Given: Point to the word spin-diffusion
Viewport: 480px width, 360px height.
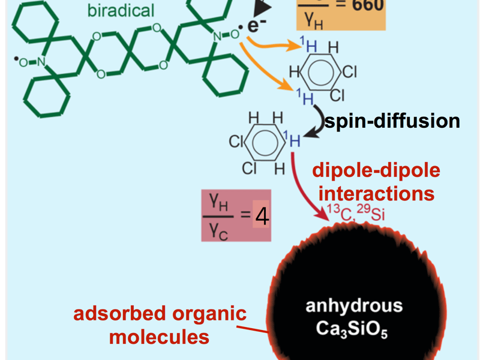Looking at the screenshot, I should [x=392, y=121].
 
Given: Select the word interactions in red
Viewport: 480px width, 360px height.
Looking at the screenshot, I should [x=376, y=194].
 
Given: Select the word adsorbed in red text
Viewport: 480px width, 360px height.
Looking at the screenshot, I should [x=118, y=314].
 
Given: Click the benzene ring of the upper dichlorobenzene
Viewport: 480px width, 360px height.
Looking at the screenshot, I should [x=318, y=73].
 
